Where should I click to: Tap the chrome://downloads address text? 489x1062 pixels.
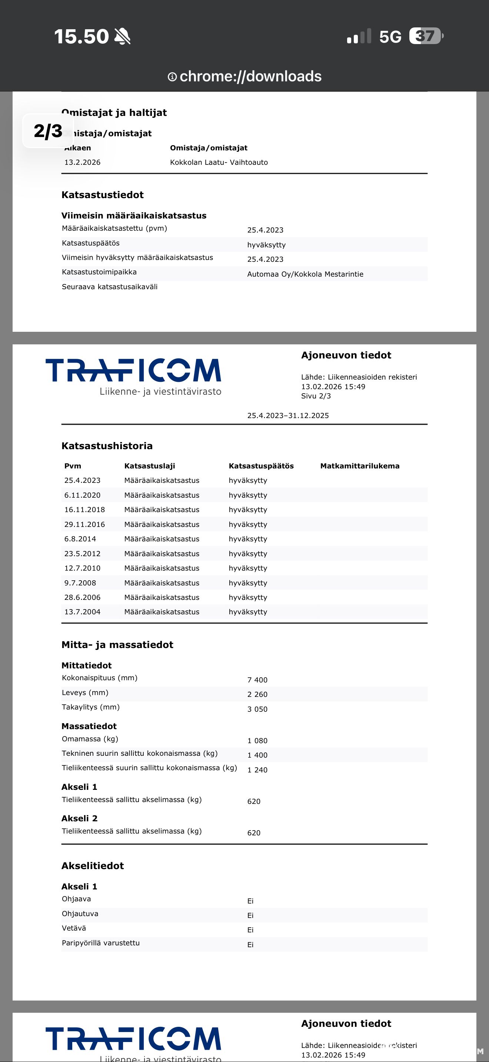pos(250,76)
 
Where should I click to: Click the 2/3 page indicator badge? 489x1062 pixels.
pos(48,131)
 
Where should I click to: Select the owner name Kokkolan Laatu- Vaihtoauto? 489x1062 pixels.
pos(219,162)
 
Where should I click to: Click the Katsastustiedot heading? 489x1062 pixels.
pos(102,195)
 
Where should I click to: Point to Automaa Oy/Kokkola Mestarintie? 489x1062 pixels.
pos(305,274)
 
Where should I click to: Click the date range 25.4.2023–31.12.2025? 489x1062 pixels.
pos(288,415)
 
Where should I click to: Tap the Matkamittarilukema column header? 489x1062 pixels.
pos(360,466)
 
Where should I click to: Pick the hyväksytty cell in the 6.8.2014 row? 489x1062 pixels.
pos(248,539)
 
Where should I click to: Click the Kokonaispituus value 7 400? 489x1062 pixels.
pos(257,680)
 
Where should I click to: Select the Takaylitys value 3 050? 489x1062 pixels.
pos(257,709)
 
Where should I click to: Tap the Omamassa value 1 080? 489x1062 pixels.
pos(257,741)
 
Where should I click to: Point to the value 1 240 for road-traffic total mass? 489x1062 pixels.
pos(257,770)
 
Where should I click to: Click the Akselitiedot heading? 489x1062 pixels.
pos(92,866)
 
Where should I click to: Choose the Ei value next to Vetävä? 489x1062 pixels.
pos(250,930)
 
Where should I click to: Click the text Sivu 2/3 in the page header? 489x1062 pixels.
pos(316,396)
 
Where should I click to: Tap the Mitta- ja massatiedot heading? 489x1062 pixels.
pos(117,645)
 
